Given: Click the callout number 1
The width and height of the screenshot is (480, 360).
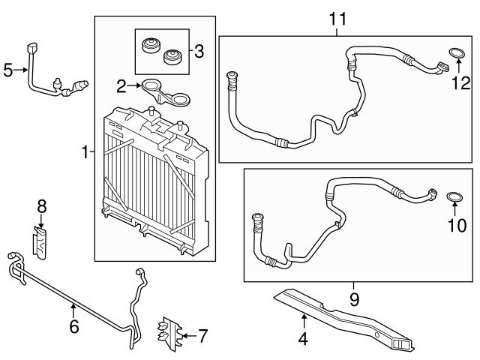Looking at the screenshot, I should [x=85, y=153].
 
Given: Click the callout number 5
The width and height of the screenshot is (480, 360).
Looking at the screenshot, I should [x=8, y=70].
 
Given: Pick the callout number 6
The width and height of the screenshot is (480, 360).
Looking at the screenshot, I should [x=73, y=328].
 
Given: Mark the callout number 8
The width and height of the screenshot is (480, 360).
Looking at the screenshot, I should [x=42, y=204].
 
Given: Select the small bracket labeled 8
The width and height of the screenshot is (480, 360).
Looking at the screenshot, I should [x=42, y=241].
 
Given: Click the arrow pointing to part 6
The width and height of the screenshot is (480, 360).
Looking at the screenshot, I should [x=73, y=310].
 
